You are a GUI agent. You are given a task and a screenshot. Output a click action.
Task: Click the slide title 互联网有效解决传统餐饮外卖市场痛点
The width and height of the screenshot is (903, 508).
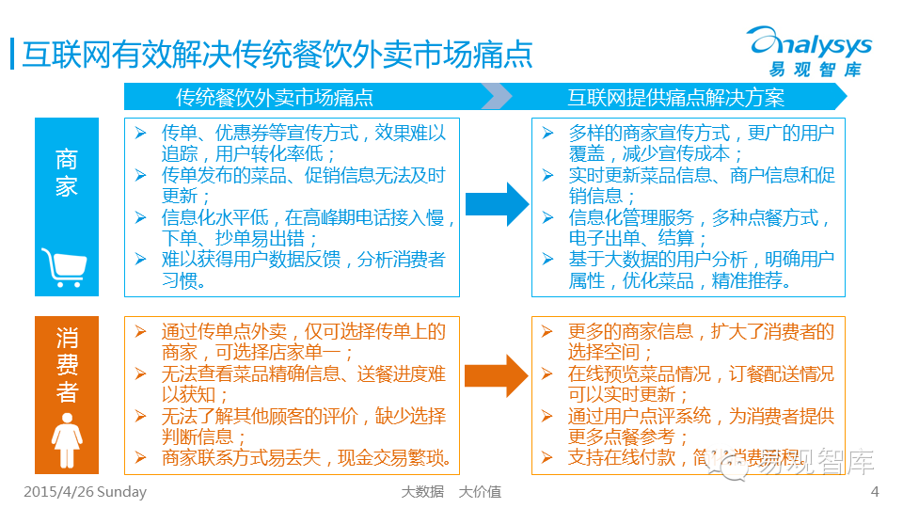277,54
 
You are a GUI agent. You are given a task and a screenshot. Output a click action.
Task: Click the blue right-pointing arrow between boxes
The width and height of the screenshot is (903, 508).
497,203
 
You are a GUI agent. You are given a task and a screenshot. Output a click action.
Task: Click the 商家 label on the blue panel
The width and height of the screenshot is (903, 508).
66,172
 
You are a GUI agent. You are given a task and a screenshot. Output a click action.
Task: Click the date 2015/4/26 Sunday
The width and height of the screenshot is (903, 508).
85,492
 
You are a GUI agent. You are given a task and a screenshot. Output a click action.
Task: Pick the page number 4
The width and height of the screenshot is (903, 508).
875,492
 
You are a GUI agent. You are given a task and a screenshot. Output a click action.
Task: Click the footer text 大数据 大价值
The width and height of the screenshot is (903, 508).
451,492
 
